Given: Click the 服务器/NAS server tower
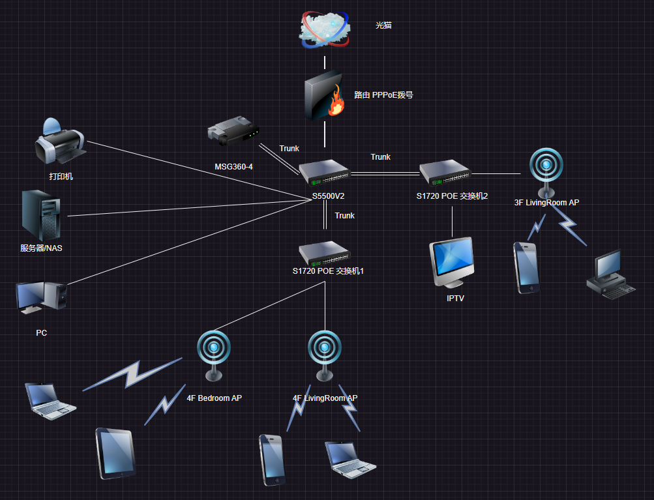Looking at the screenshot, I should (x=41, y=214).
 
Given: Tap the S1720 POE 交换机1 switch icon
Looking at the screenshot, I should (x=325, y=252).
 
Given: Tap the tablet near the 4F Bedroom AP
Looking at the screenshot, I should (x=116, y=453).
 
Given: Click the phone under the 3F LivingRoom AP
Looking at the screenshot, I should (x=526, y=267).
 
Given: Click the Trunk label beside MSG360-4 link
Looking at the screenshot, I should (x=289, y=149).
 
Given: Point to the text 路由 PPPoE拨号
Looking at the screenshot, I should (x=383, y=95).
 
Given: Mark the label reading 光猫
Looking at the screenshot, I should (x=383, y=25).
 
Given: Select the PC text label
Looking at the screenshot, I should (x=42, y=333).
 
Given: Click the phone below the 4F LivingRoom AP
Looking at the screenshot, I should (x=272, y=460).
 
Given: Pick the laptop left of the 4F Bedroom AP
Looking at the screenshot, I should (x=50, y=400).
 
